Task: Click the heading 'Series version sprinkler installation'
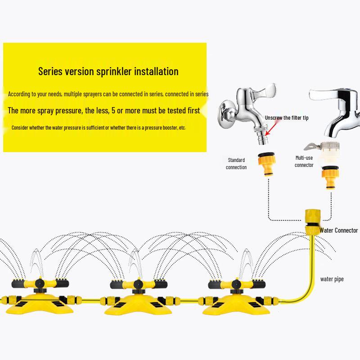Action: (108, 71)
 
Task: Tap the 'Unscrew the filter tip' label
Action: (287, 117)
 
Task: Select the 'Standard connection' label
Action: (237, 163)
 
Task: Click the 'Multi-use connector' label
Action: (304, 162)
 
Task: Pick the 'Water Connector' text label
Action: (338, 230)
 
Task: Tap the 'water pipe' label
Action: (332, 279)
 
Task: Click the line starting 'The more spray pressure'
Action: (104, 111)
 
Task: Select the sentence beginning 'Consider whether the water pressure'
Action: (99, 128)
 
